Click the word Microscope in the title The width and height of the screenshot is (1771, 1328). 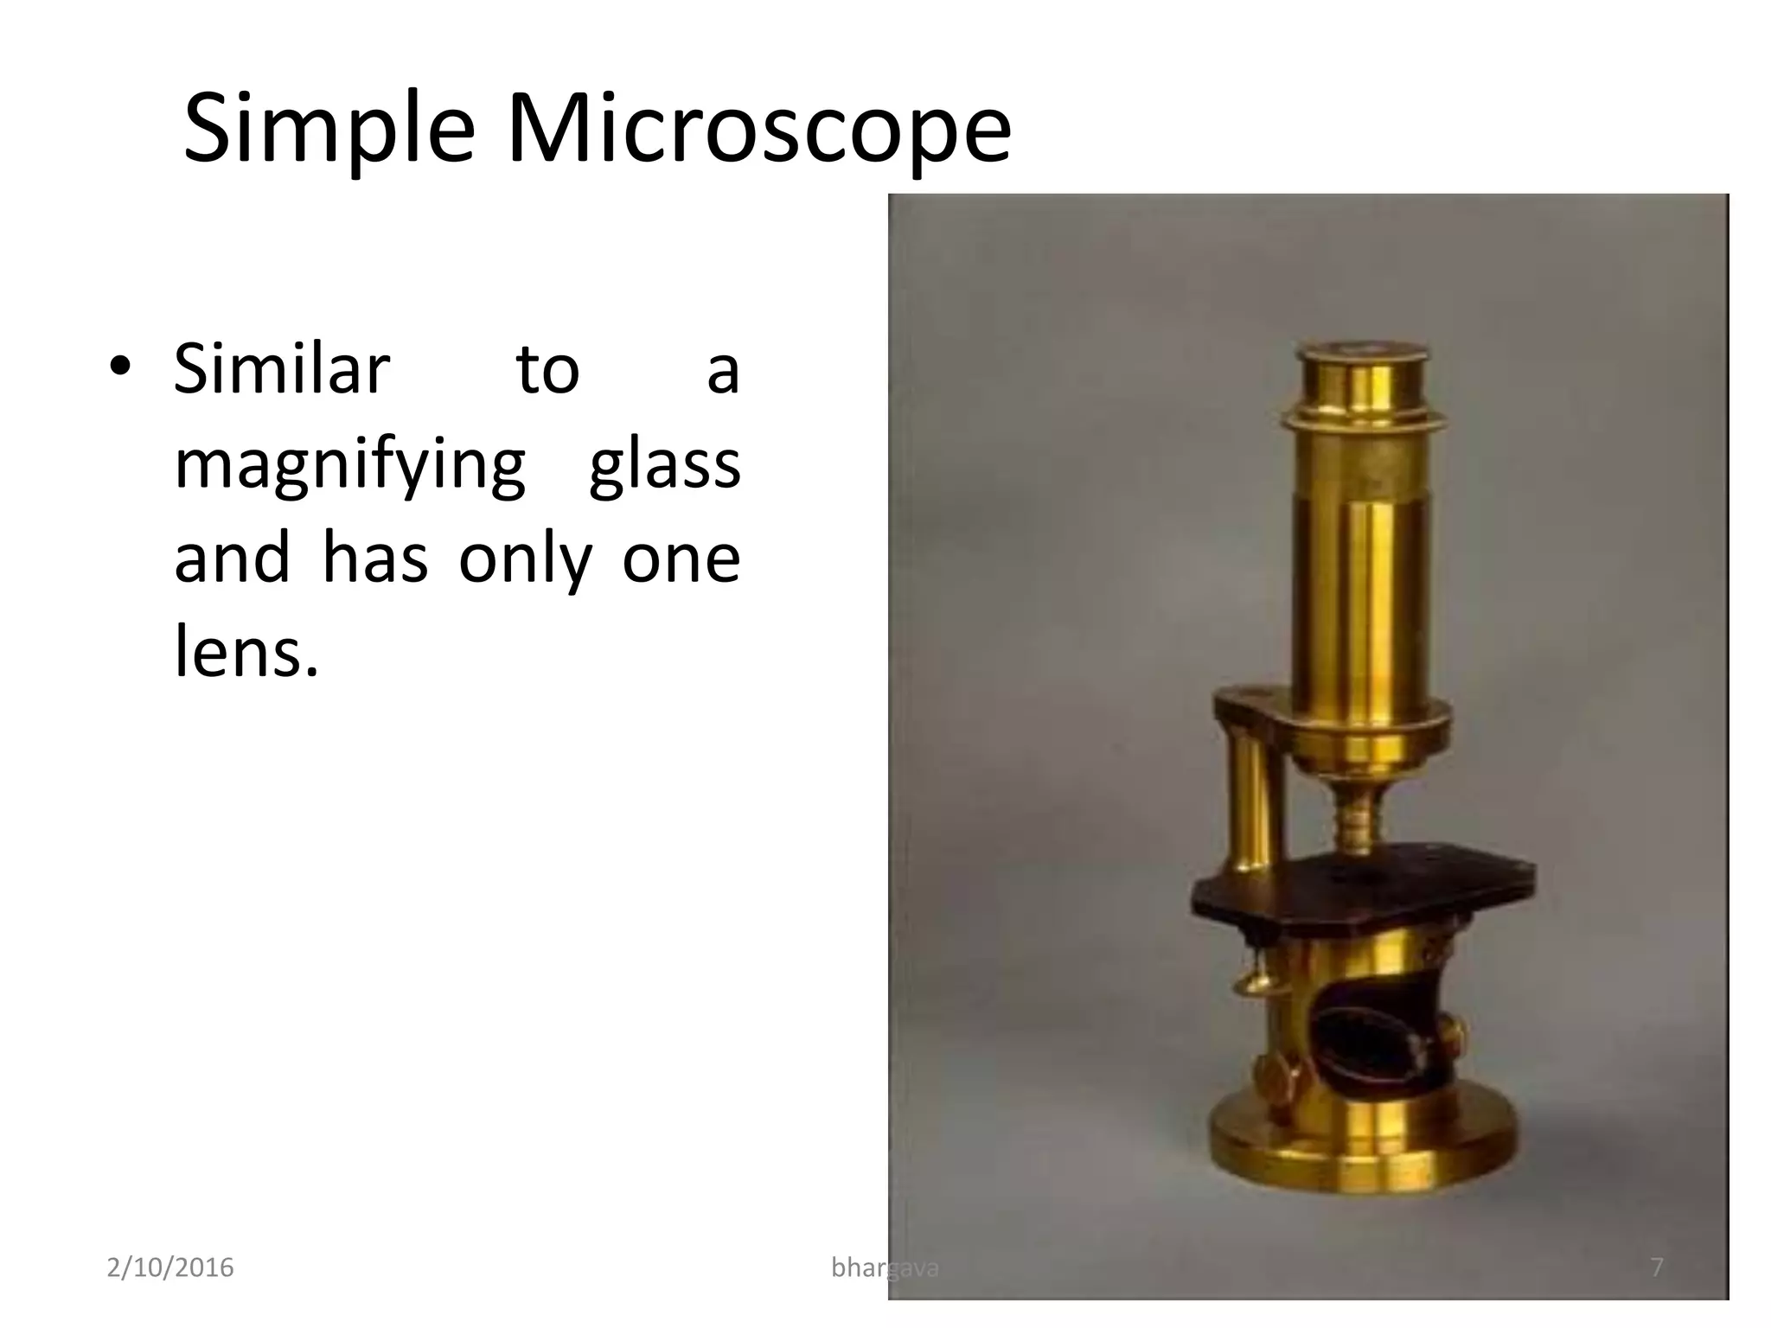tap(758, 130)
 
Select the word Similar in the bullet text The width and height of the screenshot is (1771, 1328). tap(282, 369)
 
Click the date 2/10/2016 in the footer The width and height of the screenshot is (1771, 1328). tap(170, 1267)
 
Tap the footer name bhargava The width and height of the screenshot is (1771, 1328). tap(884, 1267)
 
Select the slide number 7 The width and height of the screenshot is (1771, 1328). tap(1656, 1267)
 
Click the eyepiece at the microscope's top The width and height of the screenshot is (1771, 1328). tap(1364, 354)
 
